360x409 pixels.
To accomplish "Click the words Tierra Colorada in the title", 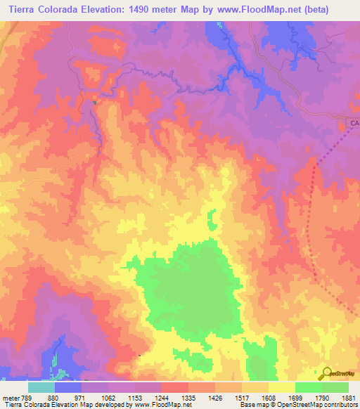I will [43, 9].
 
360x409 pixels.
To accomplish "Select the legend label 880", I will [54, 398].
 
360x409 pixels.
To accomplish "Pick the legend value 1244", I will [160, 398].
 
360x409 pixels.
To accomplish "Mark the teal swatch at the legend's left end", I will [41, 387].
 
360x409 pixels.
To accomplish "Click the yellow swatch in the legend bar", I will [281, 387].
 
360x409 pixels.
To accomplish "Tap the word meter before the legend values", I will [10, 398].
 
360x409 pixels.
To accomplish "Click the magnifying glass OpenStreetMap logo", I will [326, 372].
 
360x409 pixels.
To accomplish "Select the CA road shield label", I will [354, 124].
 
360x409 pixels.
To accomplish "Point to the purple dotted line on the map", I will [310, 232].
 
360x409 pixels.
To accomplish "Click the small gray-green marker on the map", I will [94, 103].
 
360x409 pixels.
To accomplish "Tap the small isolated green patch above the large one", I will [210, 220].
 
